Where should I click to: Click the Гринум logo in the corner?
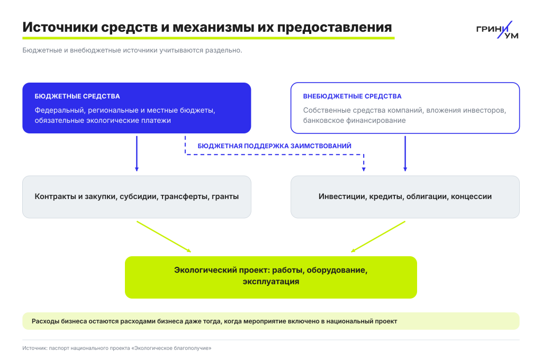[497, 30]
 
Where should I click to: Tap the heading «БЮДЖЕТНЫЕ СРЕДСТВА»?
[77, 96]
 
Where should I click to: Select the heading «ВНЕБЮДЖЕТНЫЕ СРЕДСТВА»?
[352, 96]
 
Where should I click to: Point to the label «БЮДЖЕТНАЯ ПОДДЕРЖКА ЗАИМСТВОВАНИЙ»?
[275, 146]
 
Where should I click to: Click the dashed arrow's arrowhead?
[364, 169]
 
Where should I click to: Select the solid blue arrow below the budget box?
[137, 154]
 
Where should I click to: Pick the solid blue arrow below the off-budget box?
[405, 154]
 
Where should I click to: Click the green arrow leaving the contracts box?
[164, 237]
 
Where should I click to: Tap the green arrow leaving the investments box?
[378, 237]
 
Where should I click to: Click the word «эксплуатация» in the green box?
[271, 282]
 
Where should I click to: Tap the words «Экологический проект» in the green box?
[221, 270]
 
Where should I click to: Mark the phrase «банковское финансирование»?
[354, 120]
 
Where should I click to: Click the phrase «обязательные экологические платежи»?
[103, 120]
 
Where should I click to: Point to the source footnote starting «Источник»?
[117, 348]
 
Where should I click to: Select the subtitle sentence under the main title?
[132, 50]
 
